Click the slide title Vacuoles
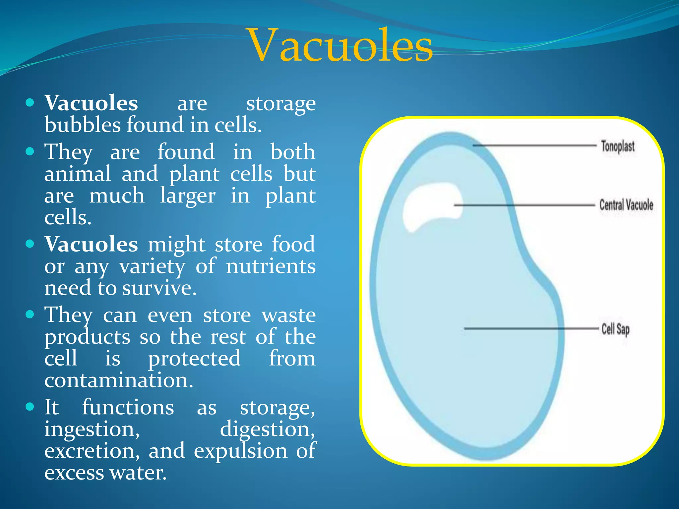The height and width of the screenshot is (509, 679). coord(340,45)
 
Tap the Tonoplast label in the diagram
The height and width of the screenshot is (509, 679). coord(618,146)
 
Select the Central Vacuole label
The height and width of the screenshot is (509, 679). coord(626,205)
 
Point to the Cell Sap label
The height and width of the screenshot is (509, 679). coord(615,329)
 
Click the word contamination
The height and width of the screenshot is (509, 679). coord(119,380)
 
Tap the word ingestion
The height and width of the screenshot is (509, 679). coord(92,429)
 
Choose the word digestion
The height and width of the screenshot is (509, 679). coord(267,429)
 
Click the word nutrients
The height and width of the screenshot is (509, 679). coord(271,266)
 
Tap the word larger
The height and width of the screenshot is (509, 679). coord(188,196)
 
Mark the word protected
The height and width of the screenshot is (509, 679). coord(194,359)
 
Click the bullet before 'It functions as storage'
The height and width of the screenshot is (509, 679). coord(30,407)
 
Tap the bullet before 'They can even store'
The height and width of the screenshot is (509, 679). coord(30,314)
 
